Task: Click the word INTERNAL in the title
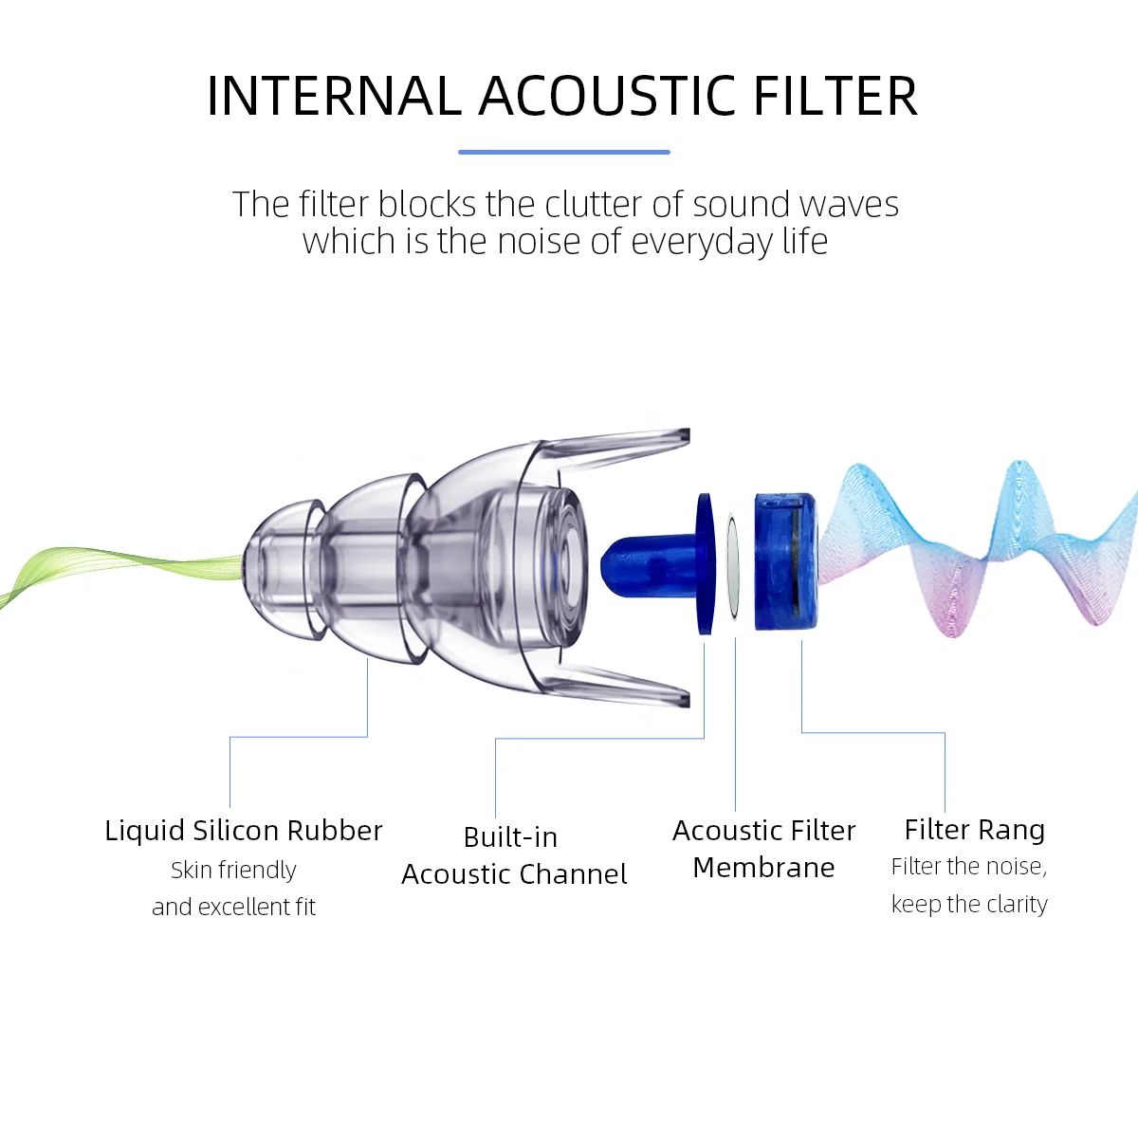point(333,97)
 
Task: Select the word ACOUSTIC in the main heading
point(608,97)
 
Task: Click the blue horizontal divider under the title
point(564,152)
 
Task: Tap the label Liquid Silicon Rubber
point(244,831)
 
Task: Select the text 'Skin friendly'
point(233,871)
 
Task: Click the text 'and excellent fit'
point(233,908)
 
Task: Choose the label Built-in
point(510,837)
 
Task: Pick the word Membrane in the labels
point(763,868)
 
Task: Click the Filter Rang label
point(974,830)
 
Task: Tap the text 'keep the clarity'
point(969,905)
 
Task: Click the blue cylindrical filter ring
point(784,561)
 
